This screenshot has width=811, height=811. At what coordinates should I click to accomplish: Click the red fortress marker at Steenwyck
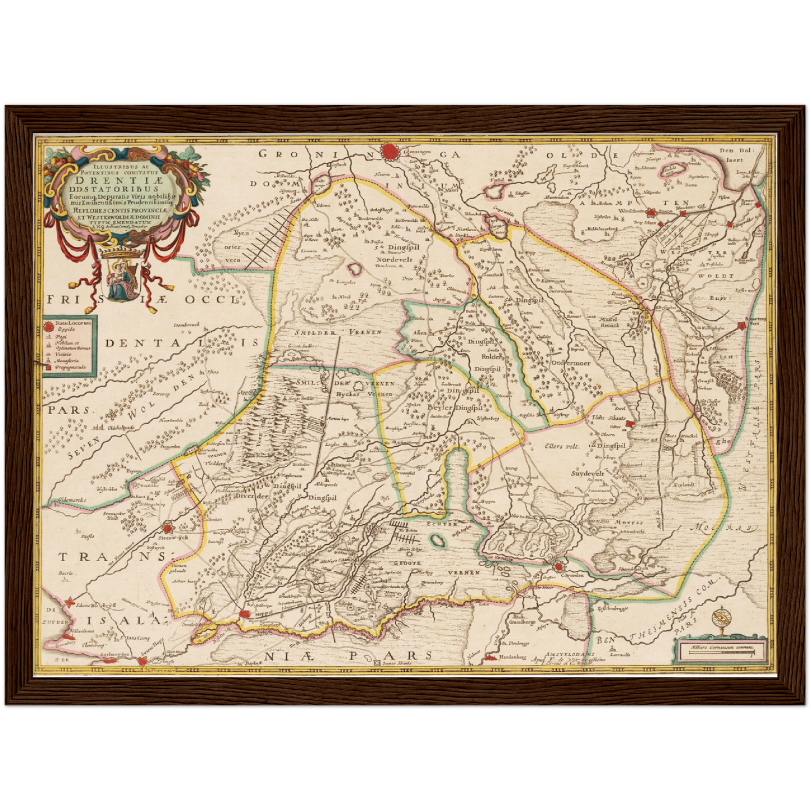coord(167,528)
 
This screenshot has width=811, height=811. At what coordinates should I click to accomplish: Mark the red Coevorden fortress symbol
coord(558,567)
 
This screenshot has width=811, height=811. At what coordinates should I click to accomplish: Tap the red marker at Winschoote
coord(650,213)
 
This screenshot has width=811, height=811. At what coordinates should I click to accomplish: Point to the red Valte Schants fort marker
coord(630,425)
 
